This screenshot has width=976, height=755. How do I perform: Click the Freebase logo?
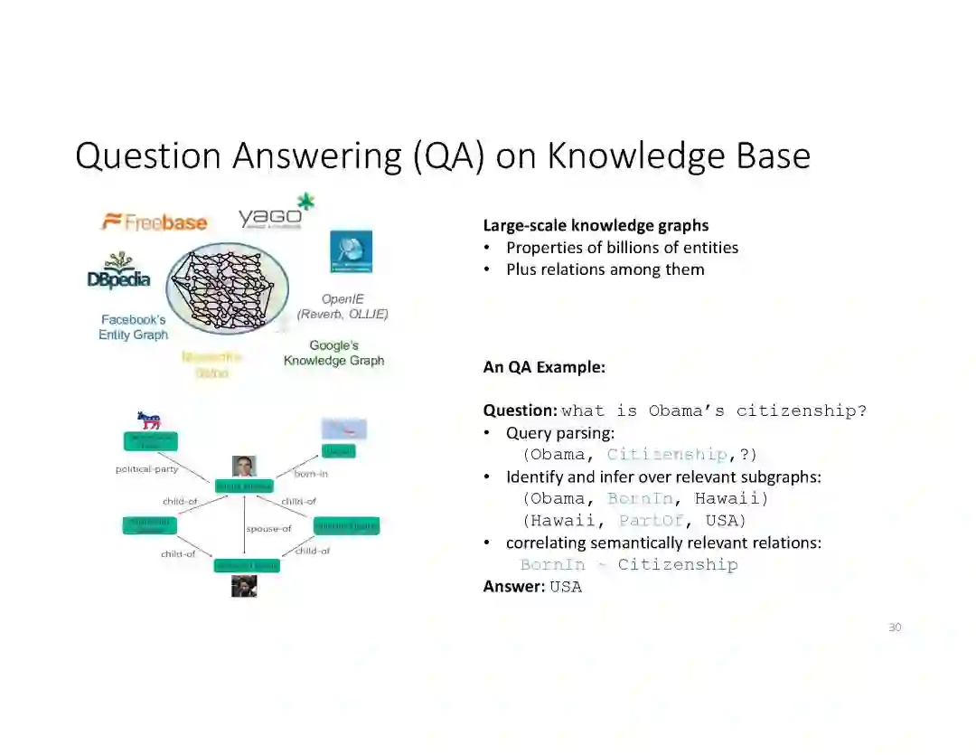(x=155, y=222)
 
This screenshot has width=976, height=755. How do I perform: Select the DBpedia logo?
(x=118, y=272)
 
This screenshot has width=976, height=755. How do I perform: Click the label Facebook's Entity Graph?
(x=134, y=327)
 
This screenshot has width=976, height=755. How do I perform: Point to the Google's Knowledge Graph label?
(x=333, y=353)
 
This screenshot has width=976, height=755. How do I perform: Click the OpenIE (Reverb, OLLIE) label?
(x=343, y=307)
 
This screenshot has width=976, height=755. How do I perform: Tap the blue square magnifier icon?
(x=351, y=251)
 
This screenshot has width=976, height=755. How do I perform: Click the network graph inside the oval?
(x=226, y=288)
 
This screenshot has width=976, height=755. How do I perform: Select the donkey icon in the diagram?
(x=148, y=420)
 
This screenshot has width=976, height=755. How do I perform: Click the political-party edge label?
(x=146, y=469)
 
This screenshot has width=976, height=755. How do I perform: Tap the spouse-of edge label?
(x=268, y=529)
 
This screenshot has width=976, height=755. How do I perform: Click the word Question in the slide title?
(x=148, y=156)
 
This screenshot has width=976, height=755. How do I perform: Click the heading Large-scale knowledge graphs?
(x=596, y=225)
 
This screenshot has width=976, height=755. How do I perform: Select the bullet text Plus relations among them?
(x=605, y=269)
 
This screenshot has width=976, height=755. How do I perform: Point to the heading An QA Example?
(x=544, y=367)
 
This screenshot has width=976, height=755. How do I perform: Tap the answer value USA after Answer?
(x=566, y=587)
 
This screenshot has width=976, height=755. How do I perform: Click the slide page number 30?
(x=895, y=628)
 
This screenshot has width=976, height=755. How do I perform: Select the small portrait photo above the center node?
(x=244, y=466)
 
